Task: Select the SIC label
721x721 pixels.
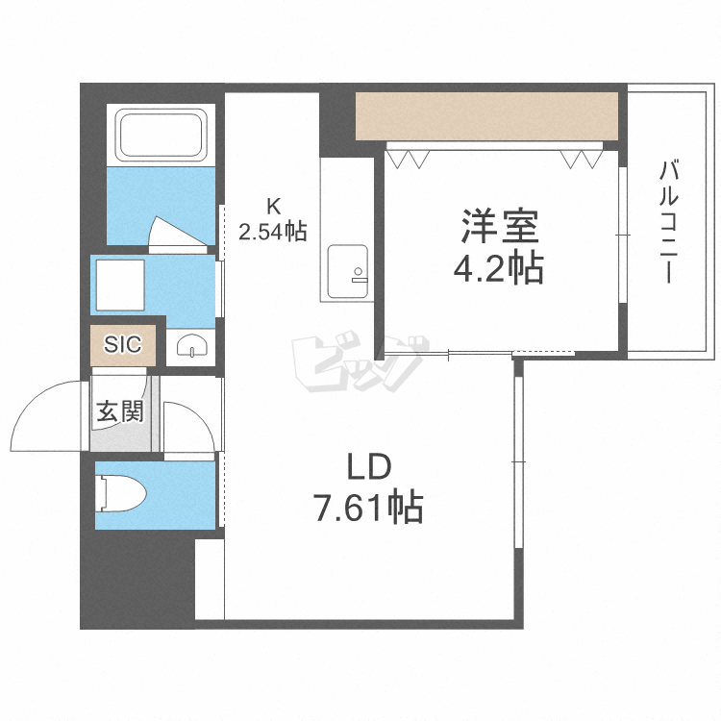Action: (x=123, y=344)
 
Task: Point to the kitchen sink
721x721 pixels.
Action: (x=348, y=273)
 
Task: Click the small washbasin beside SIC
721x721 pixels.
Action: (x=190, y=345)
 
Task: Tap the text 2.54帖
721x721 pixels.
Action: (x=273, y=232)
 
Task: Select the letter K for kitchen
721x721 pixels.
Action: (x=274, y=207)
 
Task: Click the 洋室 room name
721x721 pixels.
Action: (x=500, y=226)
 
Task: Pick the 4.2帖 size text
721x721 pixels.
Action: (x=498, y=267)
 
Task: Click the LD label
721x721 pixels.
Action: (x=369, y=466)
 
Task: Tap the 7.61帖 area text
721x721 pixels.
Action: (x=368, y=508)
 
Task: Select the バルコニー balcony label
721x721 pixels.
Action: (x=668, y=221)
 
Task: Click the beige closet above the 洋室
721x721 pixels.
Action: (x=486, y=116)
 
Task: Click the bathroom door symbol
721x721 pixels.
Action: (x=177, y=235)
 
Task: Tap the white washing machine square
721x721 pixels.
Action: (x=120, y=286)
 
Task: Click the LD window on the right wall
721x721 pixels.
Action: (x=519, y=461)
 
